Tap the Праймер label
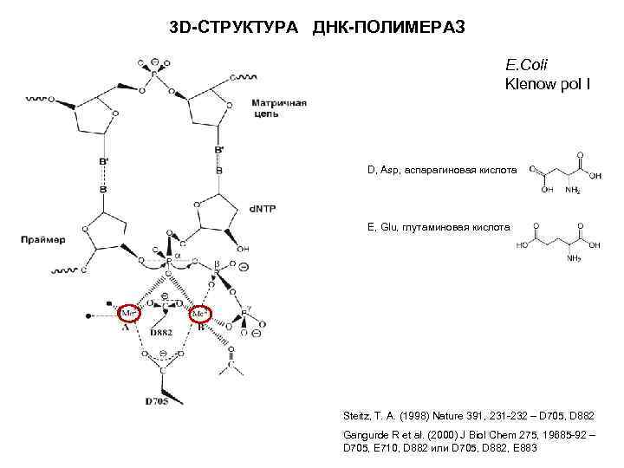point(41,239)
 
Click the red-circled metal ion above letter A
point(129,312)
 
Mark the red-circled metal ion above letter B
point(202,312)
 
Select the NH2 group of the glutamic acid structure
point(573,257)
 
